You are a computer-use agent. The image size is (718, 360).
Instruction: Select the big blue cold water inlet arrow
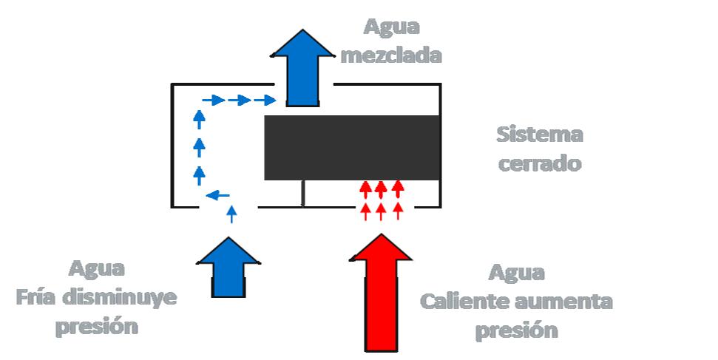pyautogui.click(x=228, y=267)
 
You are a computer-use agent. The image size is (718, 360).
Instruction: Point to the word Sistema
pyautogui.click(x=540, y=135)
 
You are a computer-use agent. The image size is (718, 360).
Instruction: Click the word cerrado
pyautogui.click(x=539, y=163)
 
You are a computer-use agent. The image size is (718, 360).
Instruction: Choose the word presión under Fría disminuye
pyautogui.click(x=98, y=326)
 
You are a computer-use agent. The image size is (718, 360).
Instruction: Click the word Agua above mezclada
pyautogui.click(x=391, y=28)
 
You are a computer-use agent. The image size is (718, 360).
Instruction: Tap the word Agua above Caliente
pyautogui.click(x=517, y=272)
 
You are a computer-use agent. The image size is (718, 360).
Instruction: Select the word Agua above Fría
pyautogui.click(x=98, y=268)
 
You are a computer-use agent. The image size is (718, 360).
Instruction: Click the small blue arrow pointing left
pyautogui.click(x=216, y=195)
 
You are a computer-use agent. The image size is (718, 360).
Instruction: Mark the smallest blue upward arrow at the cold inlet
pyautogui.click(x=231, y=214)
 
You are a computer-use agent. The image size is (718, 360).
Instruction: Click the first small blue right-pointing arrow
pyautogui.click(x=213, y=100)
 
